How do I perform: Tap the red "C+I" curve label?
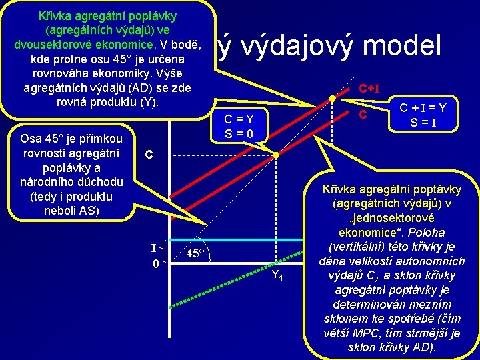[369, 89]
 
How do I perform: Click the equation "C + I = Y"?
[423, 106]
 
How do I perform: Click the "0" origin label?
[154, 263]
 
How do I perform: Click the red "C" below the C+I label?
[363, 115]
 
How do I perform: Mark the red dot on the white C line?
[279, 155]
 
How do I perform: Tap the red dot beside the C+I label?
[332, 99]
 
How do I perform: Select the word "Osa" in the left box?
[33, 139]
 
